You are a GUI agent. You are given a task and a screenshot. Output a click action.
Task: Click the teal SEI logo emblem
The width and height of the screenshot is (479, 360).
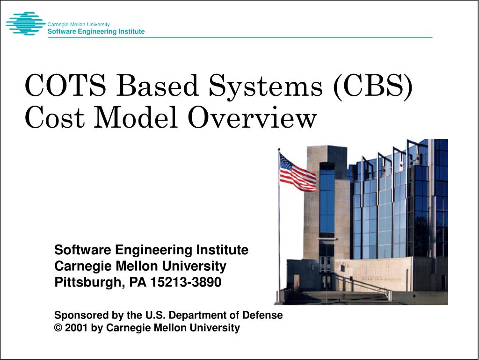[x=25, y=24]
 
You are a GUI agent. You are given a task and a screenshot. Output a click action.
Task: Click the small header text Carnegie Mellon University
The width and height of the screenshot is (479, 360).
[x=79, y=24]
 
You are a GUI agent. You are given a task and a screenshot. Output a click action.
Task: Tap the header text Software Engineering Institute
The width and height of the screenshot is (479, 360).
[x=96, y=32]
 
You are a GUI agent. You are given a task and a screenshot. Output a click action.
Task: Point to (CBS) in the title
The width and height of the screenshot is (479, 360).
[x=373, y=86]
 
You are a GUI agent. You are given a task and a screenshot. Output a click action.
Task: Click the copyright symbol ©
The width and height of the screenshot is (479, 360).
[x=58, y=328]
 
